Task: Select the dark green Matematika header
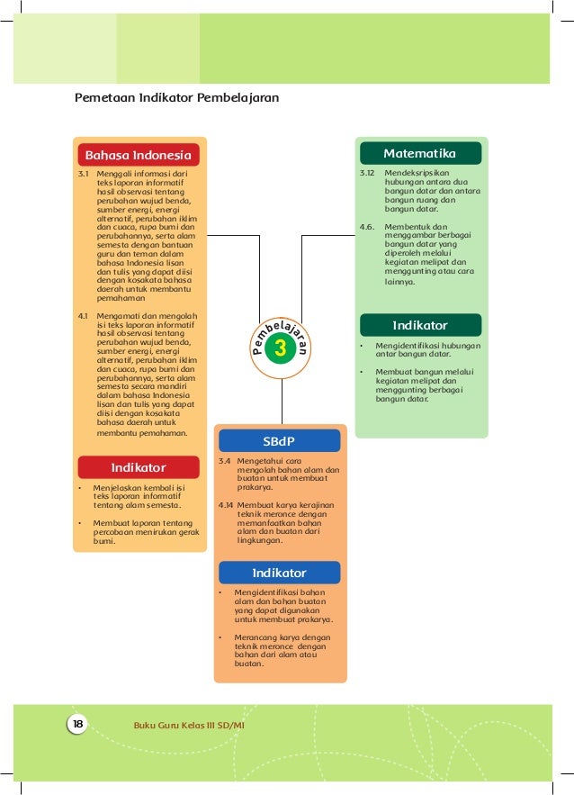click(x=419, y=153)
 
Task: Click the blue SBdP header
click(x=279, y=441)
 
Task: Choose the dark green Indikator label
click(x=419, y=325)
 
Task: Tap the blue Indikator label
click(x=279, y=573)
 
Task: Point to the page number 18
click(x=77, y=724)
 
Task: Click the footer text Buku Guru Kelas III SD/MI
click(x=189, y=724)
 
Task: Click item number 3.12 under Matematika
click(x=366, y=171)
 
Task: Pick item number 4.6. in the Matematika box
click(x=366, y=226)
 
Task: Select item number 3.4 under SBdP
click(x=224, y=460)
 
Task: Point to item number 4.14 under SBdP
click(x=226, y=505)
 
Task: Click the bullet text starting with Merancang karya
click(x=282, y=651)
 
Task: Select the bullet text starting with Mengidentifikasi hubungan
click(x=427, y=349)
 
